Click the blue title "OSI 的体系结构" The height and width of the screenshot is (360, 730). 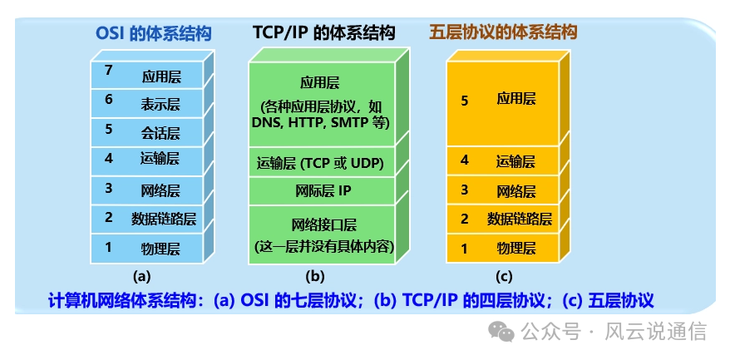[154, 33]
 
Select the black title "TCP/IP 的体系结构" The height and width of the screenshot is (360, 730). [324, 33]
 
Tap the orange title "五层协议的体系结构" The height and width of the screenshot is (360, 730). [503, 32]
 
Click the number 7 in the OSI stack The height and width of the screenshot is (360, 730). [108, 71]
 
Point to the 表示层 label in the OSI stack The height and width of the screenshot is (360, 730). [160, 104]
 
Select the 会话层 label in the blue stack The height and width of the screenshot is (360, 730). [160, 134]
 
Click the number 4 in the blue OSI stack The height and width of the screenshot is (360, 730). [108, 158]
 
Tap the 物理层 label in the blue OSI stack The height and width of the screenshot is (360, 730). [160, 249]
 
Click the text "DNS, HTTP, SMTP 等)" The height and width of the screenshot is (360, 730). [321, 122]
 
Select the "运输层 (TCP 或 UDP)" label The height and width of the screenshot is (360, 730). [320, 164]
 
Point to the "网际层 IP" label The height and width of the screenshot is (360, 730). [323, 190]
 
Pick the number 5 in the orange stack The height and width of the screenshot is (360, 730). [464, 101]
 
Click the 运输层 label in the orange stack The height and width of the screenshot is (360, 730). [515, 161]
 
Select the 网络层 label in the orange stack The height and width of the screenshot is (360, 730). [516, 191]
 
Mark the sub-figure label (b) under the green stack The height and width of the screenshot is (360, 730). [315, 277]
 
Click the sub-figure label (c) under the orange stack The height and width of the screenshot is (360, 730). [504, 277]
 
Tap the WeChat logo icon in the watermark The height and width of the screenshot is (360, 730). [501, 332]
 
